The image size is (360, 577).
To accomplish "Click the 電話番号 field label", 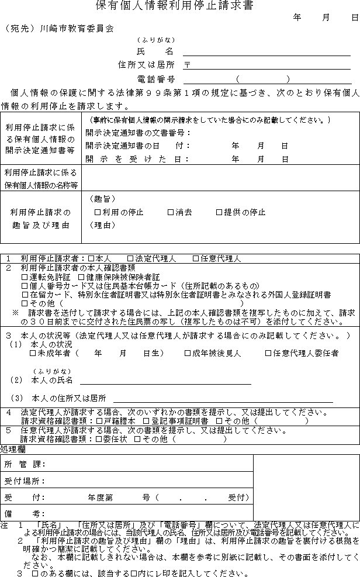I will pyautogui.click(x=155, y=79).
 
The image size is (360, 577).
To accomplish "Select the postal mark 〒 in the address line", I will pyautogui.click(x=187, y=65).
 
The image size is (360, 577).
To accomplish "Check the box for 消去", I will pyautogui.click(x=171, y=213).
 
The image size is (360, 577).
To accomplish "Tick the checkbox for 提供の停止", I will pyautogui.click(x=219, y=213).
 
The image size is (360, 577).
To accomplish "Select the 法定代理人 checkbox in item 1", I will pyautogui.click(x=130, y=258).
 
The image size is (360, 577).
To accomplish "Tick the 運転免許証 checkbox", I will pyautogui.click(x=25, y=277).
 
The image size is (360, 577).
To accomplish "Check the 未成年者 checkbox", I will pyautogui.click(x=33, y=353).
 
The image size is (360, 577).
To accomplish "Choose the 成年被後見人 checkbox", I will pyautogui.click(x=188, y=353).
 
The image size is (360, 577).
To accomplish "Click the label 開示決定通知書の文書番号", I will pyautogui.click(x=134, y=133).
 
